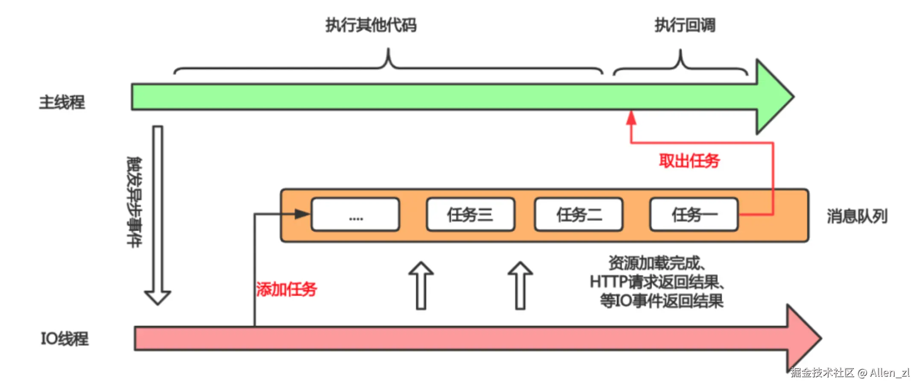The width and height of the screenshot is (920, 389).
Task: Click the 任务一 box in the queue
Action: click(x=694, y=215)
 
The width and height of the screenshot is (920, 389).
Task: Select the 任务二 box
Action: click(x=579, y=215)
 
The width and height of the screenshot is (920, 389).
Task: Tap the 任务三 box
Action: click(x=471, y=215)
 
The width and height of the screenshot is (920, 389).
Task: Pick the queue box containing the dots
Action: click(x=356, y=215)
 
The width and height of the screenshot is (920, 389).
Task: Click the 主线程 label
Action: click(x=62, y=102)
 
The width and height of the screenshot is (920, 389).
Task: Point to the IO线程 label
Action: click(x=64, y=339)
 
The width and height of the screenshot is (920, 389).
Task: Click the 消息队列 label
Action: click(x=857, y=216)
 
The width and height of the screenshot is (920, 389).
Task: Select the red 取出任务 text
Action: click(x=689, y=161)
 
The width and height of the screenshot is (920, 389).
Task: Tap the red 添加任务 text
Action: click(x=287, y=289)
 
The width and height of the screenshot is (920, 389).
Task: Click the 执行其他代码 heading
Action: click(x=371, y=25)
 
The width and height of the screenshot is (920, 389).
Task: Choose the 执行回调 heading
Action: click(x=685, y=25)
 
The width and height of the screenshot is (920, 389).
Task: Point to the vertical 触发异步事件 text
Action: click(x=135, y=202)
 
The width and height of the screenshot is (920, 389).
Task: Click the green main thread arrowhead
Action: click(x=775, y=97)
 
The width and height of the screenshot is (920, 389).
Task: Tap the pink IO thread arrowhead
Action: click(x=804, y=338)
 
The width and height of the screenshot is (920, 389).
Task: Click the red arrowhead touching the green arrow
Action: click(x=631, y=118)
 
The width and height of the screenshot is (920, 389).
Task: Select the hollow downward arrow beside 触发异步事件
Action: click(x=158, y=215)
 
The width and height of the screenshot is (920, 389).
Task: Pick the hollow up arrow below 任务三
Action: click(x=421, y=285)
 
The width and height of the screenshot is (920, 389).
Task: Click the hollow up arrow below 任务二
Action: click(x=520, y=285)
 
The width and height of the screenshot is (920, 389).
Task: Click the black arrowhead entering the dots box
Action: click(x=302, y=214)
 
